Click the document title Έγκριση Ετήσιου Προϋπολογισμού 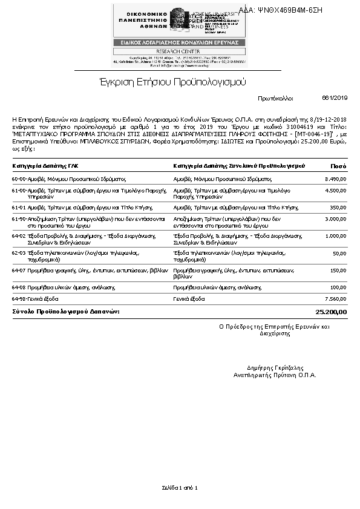[x=172, y=82]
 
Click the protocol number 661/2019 [x=335, y=98]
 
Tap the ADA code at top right [x=289, y=10]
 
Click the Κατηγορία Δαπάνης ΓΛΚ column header [x=45, y=166]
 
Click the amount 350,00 [x=338, y=207]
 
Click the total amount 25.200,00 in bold [x=332, y=312]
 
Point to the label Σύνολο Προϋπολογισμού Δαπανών [x=66, y=312]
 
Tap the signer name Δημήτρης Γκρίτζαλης [x=275, y=368]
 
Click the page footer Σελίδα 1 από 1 [x=180, y=487]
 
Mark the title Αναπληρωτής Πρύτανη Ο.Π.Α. [x=275, y=375]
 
